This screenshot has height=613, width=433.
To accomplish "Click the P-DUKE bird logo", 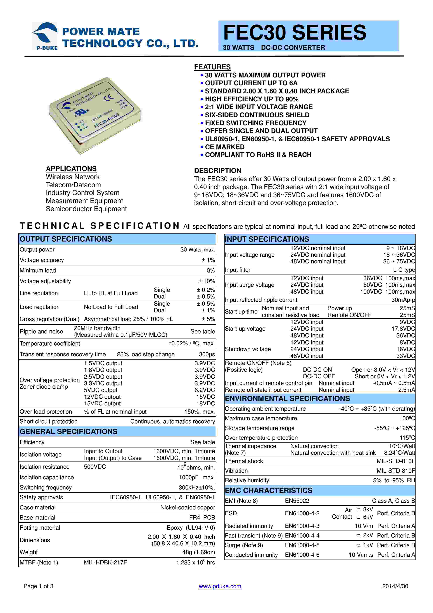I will coord(45,35).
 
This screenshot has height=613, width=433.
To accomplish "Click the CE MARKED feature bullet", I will coord(225,147).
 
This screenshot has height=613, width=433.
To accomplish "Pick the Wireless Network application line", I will coord(72,177).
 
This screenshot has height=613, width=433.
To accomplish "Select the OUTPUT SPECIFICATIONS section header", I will coord(66,239).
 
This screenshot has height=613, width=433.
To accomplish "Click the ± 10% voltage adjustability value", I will coord(206,281).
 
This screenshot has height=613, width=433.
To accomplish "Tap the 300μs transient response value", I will coord(207,354).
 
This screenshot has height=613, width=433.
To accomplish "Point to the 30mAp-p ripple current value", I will coord(403,300).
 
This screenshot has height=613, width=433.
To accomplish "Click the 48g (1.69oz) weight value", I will coord(198,552).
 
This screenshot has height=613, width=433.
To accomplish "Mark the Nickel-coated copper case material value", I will coord(188,507).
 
